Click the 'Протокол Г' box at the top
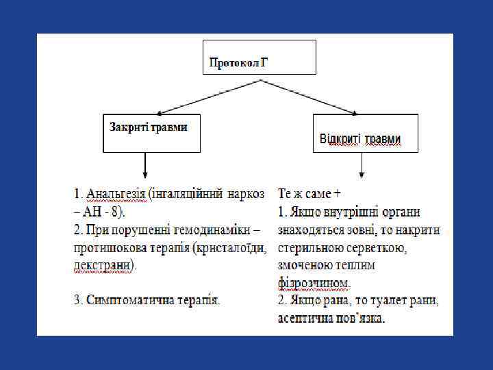click(x=260, y=57)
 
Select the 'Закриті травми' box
click(x=151, y=133)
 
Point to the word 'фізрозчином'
click(x=314, y=282)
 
